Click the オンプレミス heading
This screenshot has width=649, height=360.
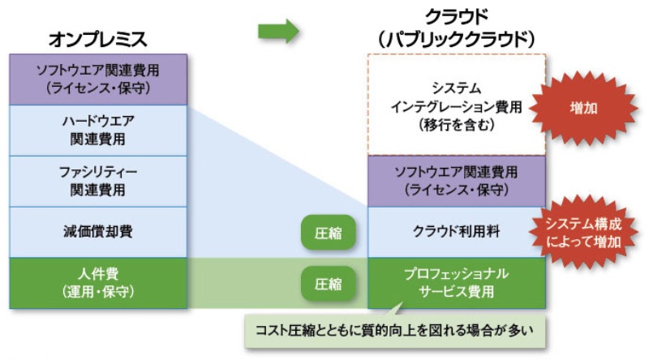click(97, 38)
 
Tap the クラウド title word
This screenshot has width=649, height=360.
click(457, 15)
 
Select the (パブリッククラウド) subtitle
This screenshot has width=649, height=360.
click(457, 37)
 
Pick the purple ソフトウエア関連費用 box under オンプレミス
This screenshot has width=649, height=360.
click(97, 79)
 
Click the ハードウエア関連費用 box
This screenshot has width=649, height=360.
click(97, 130)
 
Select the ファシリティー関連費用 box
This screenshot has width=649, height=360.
click(97, 181)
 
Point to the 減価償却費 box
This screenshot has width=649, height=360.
click(97, 232)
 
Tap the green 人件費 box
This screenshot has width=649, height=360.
click(97, 282)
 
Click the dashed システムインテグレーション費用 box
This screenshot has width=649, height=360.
click(456, 105)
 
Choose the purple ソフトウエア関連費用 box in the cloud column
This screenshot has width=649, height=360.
click(456, 181)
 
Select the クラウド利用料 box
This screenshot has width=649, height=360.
click(456, 232)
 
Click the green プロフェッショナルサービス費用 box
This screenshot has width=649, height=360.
click(456, 282)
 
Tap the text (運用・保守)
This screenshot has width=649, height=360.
click(97, 291)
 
